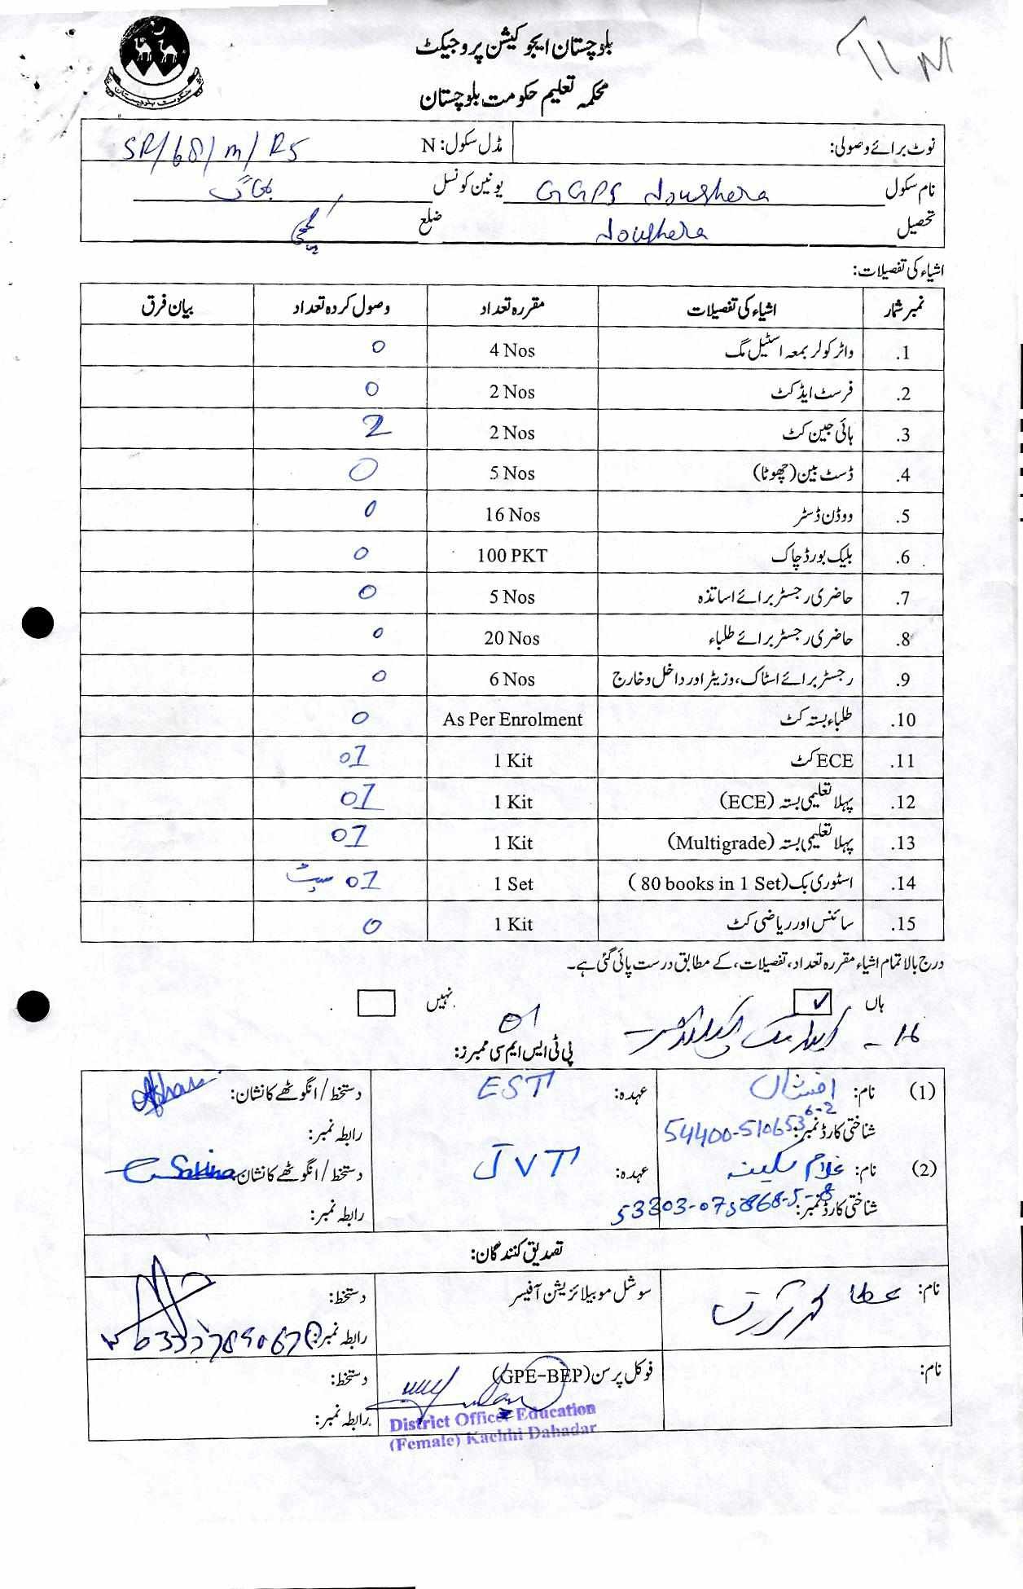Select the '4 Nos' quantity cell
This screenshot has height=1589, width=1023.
[511, 350]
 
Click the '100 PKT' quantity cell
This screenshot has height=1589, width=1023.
[511, 556]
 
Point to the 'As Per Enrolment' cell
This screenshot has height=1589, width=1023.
[512, 720]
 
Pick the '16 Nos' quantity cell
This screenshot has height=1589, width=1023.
[511, 515]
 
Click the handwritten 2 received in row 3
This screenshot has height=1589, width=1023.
[376, 428]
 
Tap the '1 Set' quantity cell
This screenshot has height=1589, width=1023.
[513, 883]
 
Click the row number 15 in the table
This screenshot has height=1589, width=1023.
[903, 924]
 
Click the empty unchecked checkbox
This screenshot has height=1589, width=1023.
[375, 1003]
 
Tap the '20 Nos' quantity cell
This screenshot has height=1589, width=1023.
[511, 638]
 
